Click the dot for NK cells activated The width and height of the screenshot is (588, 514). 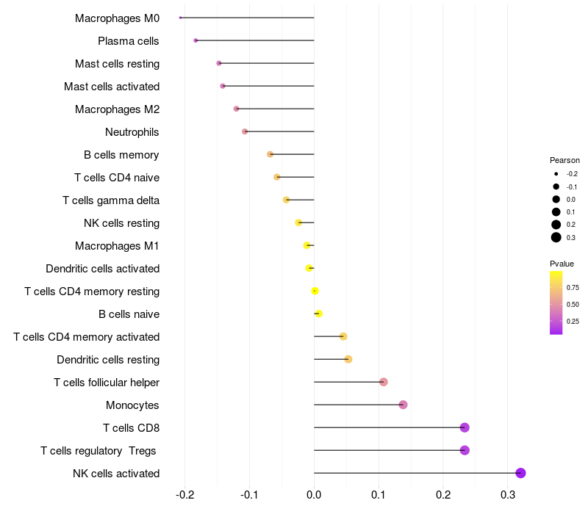pos(520,473)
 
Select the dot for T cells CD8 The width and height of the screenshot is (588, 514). pos(465,427)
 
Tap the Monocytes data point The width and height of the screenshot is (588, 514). pos(403,405)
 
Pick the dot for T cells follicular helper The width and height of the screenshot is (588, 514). pos(384,382)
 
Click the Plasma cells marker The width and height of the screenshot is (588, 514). pos(196,40)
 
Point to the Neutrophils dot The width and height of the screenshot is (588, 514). pos(245,131)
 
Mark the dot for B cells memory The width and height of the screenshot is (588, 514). pos(270,154)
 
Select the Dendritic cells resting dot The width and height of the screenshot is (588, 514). pos(348,359)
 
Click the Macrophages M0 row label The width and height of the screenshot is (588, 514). pos(117,18)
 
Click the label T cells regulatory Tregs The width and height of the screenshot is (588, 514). pos(98,450)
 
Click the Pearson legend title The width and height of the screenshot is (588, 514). pos(564,160)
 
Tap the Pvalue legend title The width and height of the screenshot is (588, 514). pos(562,264)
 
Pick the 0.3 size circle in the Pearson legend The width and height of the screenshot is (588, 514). pos(556,237)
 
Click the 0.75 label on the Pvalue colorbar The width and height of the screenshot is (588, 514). pos(573,287)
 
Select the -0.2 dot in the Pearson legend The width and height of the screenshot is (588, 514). pos(556,174)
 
